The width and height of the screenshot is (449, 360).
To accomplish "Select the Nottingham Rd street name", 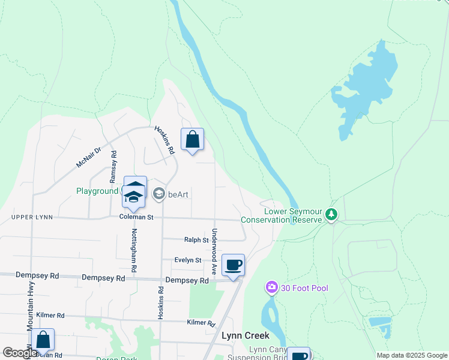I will coord(134,248).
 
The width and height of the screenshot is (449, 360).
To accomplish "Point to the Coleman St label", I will coord(136,217).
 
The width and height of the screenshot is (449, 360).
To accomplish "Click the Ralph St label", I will coord(196,240).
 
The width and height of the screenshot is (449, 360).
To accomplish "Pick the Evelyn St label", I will coord(187,260).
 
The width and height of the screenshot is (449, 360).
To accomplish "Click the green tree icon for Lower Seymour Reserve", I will coord(331,215).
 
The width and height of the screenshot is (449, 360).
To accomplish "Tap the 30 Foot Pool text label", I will coord(304,289).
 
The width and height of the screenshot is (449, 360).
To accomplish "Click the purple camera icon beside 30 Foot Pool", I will coord(272,289).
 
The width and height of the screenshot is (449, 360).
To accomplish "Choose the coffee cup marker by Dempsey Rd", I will coord(233,265).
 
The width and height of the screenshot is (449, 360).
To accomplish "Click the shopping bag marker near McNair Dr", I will coord(192,140).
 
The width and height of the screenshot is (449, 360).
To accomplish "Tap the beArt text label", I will coord(178,194).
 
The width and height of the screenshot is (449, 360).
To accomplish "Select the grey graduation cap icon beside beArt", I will coord(159,194).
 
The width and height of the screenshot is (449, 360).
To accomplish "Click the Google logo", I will coord(20,353).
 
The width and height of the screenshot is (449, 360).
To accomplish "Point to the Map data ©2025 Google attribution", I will coord(411,355).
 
